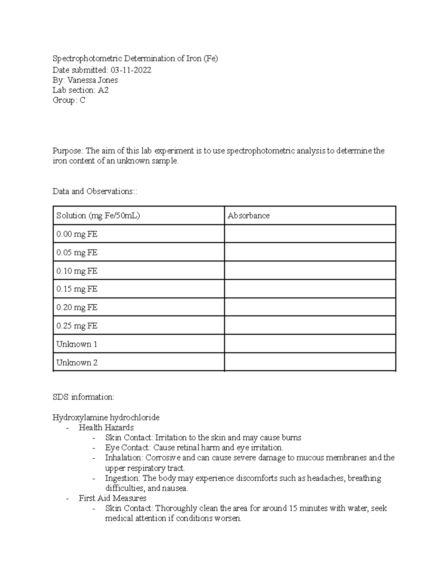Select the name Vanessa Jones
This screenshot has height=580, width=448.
point(93,80)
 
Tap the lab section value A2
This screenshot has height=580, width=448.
point(103,90)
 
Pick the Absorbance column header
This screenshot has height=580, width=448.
point(249,215)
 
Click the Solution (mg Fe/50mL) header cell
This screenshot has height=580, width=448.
point(98,215)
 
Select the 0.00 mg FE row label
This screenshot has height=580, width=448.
point(77,234)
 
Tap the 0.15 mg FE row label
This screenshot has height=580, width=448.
point(77,289)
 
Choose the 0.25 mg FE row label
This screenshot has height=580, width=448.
point(77,326)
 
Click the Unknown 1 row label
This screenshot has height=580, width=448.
point(77,344)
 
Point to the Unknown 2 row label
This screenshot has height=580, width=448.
point(77,362)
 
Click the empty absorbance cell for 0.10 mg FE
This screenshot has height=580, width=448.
point(310,270)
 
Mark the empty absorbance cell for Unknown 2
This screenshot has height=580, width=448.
point(310,362)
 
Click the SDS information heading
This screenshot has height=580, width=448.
point(83,397)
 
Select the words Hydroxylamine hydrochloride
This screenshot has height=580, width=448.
point(106,417)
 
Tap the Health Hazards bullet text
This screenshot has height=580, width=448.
point(106,427)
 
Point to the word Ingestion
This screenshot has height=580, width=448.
point(122,478)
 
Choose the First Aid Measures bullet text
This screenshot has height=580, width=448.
point(112,498)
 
